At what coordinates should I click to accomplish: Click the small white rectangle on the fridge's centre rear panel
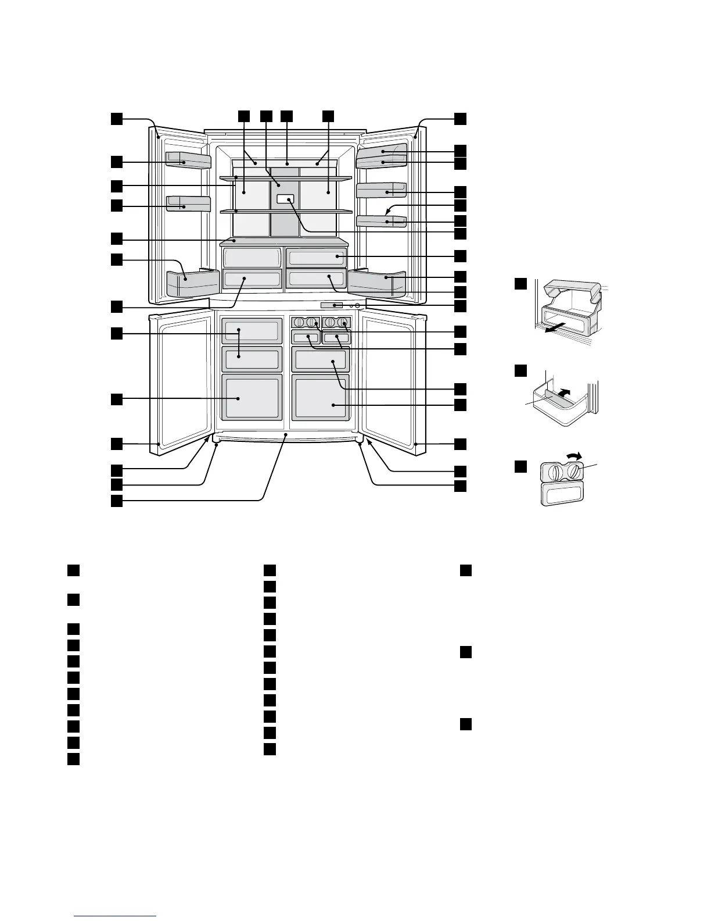tap(285, 199)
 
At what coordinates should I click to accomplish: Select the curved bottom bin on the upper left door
tap(192, 283)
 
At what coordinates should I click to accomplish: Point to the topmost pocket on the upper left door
tap(188, 159)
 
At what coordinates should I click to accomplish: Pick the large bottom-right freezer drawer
tap(321, 398)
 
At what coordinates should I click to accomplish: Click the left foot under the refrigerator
tap(216, 445)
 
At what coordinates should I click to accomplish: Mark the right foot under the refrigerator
tap(360, 445)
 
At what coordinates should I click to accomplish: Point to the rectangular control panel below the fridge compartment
tap(331, 305)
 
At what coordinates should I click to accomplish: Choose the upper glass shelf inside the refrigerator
tap(286, 177)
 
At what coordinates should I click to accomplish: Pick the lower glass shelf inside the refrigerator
tap(286, 212)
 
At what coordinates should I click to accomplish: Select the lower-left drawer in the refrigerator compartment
tap(252, 279)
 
